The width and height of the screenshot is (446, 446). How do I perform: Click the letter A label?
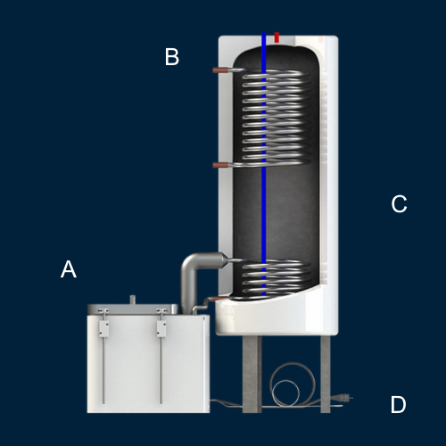(69, 269)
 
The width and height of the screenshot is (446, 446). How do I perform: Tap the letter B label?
(172, 56)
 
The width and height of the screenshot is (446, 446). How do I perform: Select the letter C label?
(399, 204)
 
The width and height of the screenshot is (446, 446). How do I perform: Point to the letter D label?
(398, 404)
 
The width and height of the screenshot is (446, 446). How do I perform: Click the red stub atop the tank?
(277, 37)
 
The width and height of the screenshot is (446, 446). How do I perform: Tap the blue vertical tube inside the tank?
(264, 164)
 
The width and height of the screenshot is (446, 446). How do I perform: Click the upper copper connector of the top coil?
(220, 70)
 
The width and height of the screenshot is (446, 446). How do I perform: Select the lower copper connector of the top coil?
(220, 165)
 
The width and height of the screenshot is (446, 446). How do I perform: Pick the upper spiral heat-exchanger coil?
(273, 118)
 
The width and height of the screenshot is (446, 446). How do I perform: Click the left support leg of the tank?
(252, 374)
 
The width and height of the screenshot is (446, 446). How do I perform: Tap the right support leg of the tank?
(326, 374)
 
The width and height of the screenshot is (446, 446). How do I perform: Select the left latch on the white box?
(103, 328)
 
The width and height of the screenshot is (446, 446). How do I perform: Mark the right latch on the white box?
(161, 328)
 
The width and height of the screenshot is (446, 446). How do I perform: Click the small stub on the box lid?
(133, 300)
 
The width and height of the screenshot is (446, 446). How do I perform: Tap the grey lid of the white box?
(133, 310)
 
